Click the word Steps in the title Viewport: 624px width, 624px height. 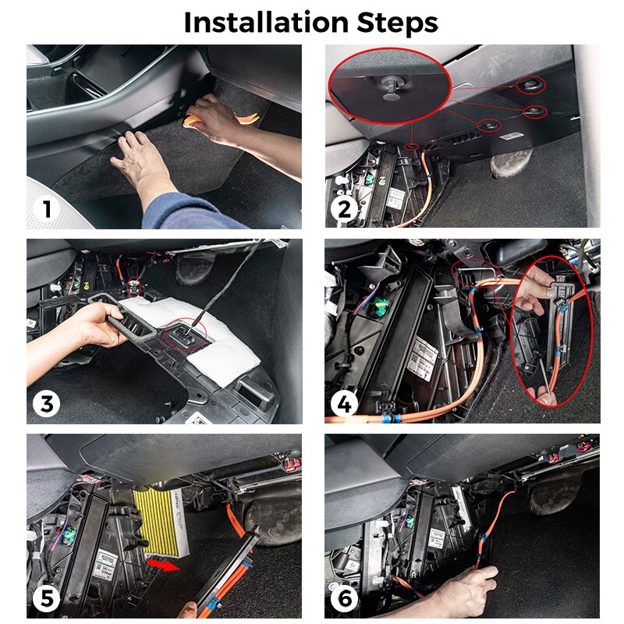click(395, 23)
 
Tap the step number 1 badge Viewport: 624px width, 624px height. click(48, 209)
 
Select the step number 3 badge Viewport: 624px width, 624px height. click(48, 404)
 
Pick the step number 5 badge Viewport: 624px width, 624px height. click(48, 599)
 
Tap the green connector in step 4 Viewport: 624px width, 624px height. click(380, 309)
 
